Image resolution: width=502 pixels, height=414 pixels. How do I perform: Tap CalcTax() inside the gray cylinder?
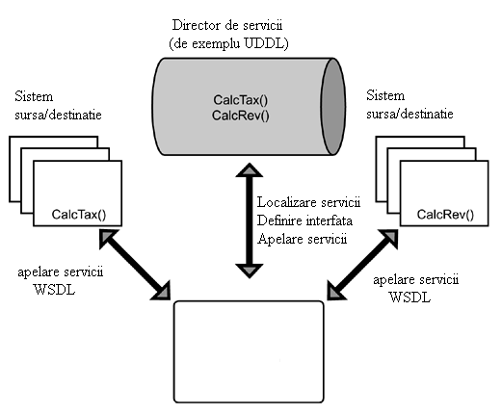[241, 100]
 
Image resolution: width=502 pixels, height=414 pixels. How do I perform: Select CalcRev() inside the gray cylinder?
[241, 116]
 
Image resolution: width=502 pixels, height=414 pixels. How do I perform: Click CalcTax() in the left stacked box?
[79, 215]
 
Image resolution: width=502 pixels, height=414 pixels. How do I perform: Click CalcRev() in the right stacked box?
[445, 215]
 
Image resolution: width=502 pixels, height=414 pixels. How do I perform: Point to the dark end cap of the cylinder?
[333, 107]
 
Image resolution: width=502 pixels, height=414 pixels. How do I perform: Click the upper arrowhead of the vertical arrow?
[250, 170]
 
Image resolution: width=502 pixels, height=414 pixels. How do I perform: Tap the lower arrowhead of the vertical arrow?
[250, 271]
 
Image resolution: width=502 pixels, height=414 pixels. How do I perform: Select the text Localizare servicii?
[308, 202]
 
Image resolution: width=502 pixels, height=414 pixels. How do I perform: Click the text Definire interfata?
[304, 220]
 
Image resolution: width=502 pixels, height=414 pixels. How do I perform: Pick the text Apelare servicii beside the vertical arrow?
[303, 239]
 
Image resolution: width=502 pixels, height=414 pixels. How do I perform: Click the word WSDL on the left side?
[54, 290]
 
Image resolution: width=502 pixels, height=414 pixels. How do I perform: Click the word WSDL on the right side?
[410, 298]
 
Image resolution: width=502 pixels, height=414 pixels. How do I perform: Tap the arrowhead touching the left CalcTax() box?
[107, 238]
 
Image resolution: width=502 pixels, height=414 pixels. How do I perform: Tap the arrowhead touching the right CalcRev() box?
[389, 238]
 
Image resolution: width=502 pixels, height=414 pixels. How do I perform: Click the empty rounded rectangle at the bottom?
[249, 351]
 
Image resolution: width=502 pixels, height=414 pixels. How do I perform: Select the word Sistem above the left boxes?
[34, 96]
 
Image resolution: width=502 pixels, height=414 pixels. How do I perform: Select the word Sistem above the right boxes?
[385, 95]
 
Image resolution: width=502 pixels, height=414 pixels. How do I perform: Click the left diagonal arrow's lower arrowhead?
[162, 291]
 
